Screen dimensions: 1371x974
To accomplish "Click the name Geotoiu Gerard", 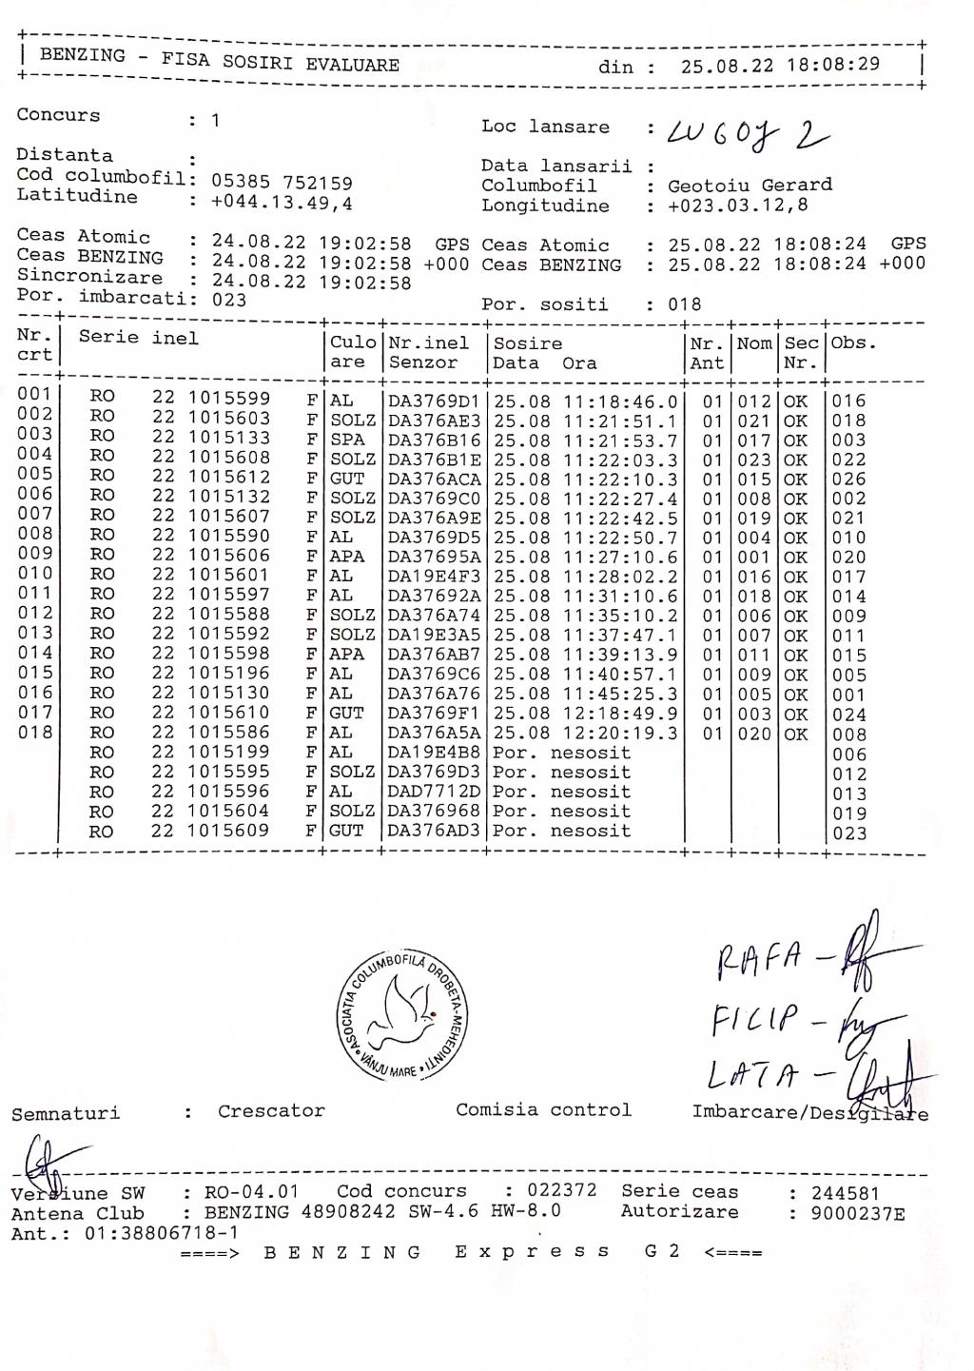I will [750, 185].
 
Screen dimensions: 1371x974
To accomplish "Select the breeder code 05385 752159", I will [282, 182].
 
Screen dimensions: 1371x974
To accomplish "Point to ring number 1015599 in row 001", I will [228, 399].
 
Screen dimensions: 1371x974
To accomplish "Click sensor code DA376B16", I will [434, 440].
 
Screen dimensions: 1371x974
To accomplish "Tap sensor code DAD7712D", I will [434, 792].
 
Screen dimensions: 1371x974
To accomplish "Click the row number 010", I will [35, 575].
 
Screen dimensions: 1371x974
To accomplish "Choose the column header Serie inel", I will [139, 338].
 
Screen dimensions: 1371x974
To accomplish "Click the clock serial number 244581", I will [846, 1193].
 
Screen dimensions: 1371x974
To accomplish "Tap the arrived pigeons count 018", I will [684, 304].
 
